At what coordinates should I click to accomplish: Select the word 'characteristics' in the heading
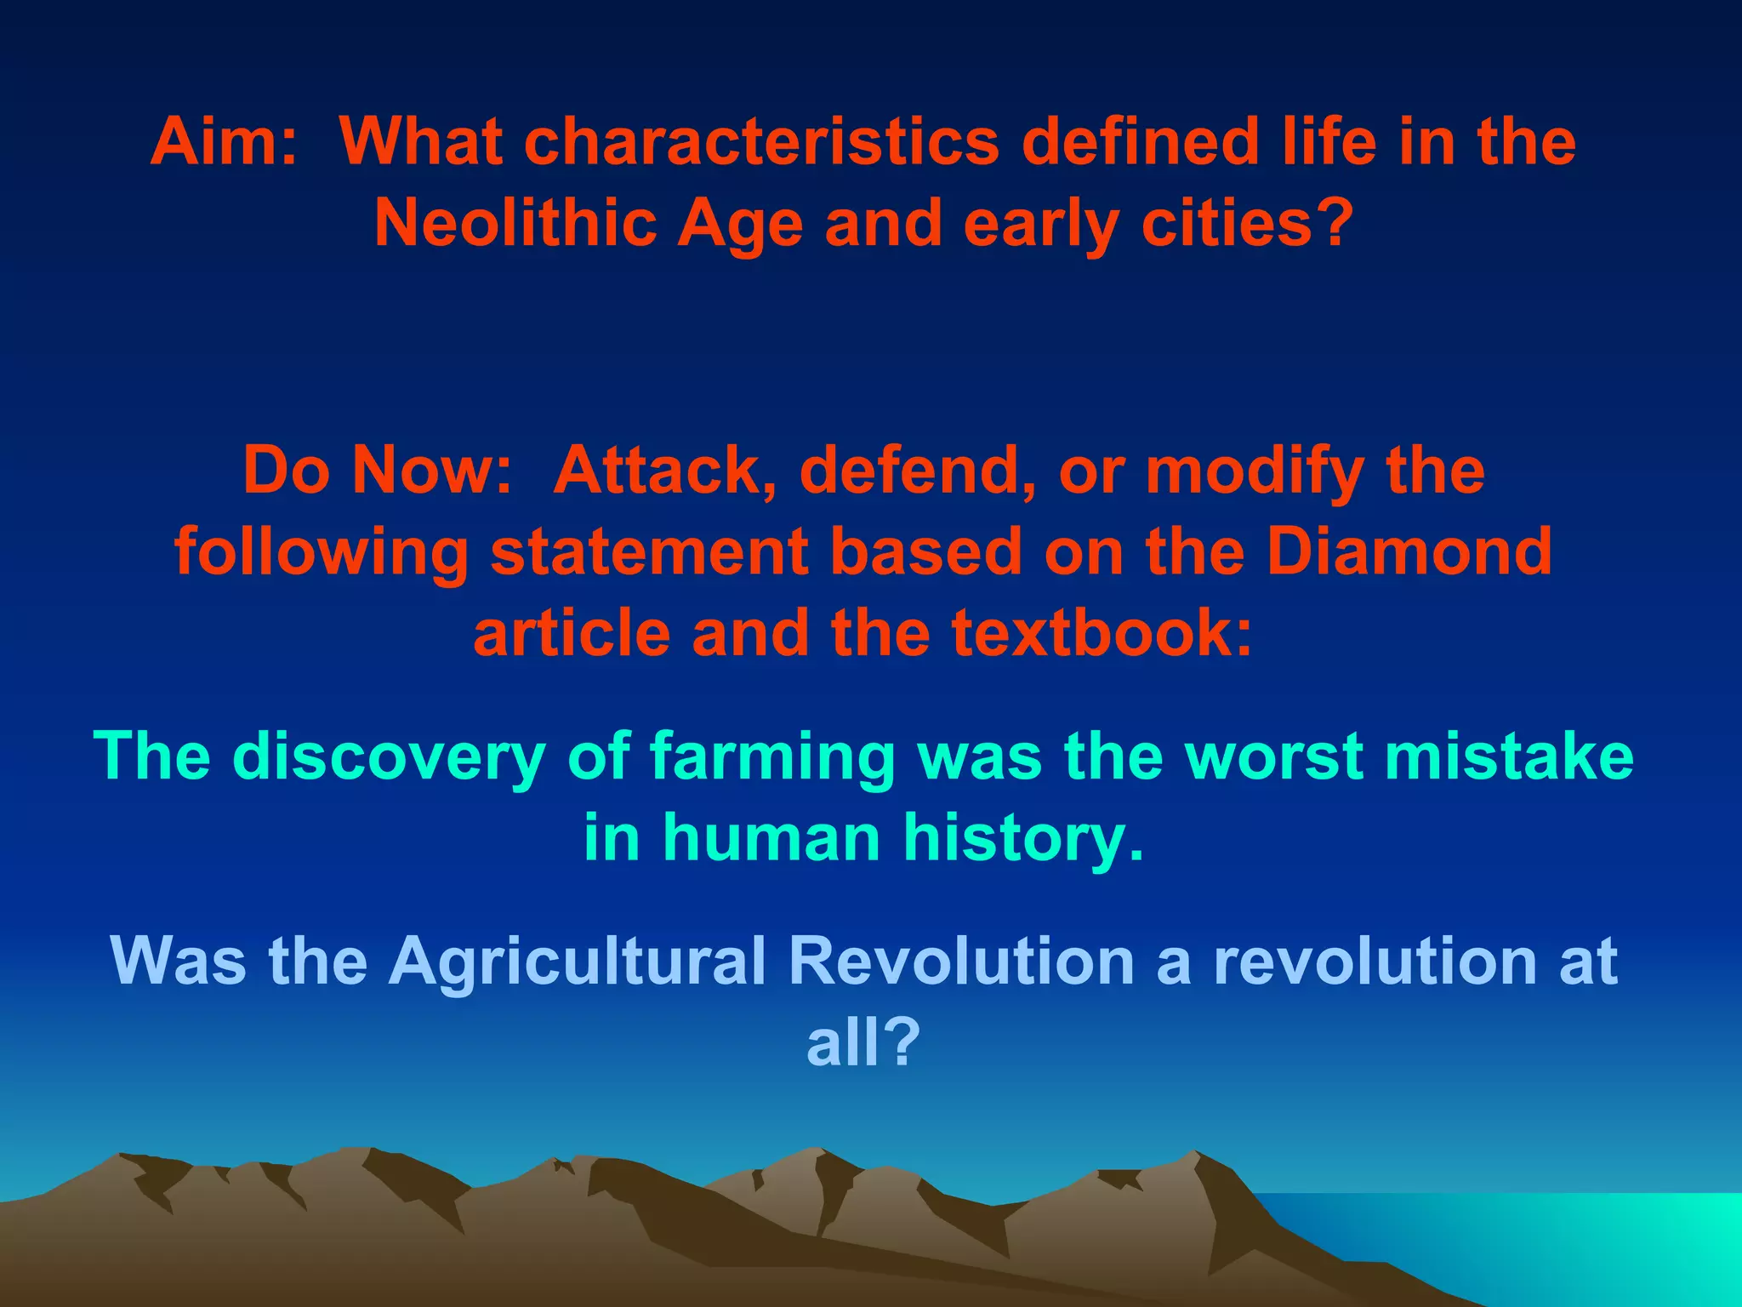[x=762, y=142]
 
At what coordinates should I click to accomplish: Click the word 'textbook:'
[x=1102, y=633]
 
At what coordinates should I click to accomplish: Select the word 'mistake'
[x=1509, y=756]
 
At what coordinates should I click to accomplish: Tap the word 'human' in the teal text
[x=771, y=838]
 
